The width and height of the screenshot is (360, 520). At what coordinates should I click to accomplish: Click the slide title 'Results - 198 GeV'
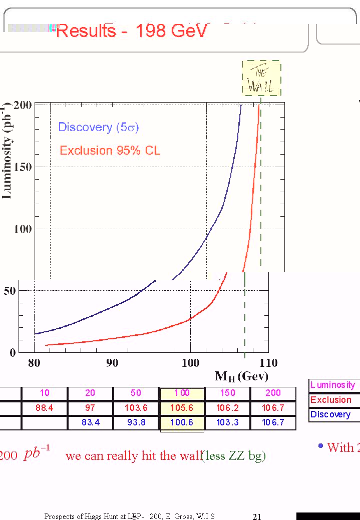tap(131, 31)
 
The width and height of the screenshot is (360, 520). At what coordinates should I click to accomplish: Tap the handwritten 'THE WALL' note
tap(261, 79)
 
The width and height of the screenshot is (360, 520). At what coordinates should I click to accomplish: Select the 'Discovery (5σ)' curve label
tap(98, 127)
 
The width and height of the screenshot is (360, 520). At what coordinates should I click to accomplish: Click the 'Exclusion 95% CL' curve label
tap(110, 150)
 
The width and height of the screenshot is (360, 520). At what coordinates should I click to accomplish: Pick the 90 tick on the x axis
tap(112, 363)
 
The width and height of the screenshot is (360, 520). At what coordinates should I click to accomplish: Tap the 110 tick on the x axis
tap(268, 363)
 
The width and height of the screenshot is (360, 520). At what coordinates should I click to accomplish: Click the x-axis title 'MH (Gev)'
tap(241, 376)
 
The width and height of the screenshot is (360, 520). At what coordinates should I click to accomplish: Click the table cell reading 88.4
tap(45, 408)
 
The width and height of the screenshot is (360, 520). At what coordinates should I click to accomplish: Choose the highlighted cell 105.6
tap(182, 408)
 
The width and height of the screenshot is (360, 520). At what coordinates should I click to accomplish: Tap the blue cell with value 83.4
tap(90, 422)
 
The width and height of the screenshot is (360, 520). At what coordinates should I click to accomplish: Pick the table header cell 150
tap(228, 393)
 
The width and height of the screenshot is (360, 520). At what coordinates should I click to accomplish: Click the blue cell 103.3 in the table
tap(228, 422)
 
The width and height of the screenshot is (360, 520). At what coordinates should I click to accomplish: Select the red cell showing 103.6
tap(136, 408)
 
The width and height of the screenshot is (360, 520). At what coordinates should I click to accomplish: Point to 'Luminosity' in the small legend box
tap(332, 385)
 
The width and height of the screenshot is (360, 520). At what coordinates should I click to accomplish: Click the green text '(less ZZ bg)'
tap(233, 456)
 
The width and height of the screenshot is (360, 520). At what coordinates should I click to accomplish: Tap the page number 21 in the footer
tap(257, 517)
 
